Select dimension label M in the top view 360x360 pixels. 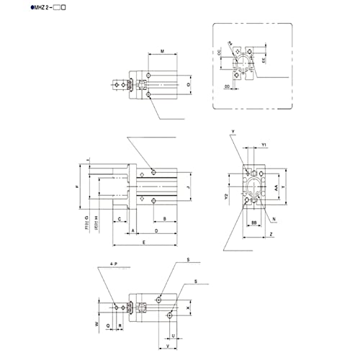pyautogui.click(x=162, y=52)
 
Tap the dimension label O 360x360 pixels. pyautogui.click(x=189, y=85)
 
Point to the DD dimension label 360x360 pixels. pyautogui.click(x=228, y=87)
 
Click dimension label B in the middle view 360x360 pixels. pyautogui.click(x=165, y=217)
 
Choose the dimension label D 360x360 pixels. pyautogui.click(x=157, y=230)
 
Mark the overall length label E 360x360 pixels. pyautogui.click(x=144, y=243)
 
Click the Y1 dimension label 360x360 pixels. pyautogui.click(x=264, y=145)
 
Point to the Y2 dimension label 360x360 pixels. pyautogui.click(x=225, y=196)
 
